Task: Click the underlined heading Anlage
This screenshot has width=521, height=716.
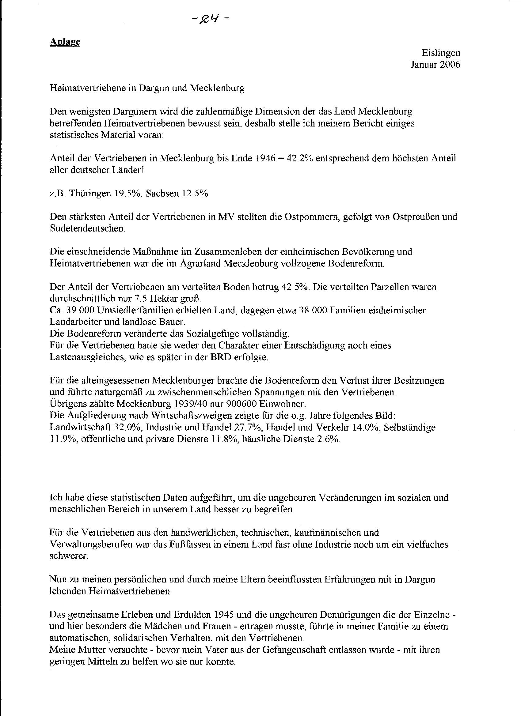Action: (65, 42)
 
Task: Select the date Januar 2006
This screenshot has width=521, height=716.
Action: (435, 64)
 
